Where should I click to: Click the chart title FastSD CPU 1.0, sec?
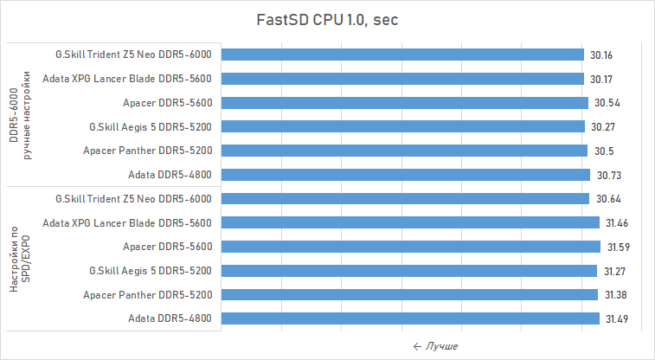coord(327,20)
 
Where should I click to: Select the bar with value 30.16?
coord(402,55)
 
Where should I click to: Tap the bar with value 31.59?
coord(411,247)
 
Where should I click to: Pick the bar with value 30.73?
coord(406,175)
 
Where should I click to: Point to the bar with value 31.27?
coord(409,271)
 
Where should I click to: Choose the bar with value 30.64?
coord(405,199)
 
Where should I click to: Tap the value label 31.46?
coord(617,223)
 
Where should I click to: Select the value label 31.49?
coord(616,319)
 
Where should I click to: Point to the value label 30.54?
coord(608,103)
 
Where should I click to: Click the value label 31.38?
coord(615,295)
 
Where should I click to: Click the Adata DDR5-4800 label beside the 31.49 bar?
coord(170,318)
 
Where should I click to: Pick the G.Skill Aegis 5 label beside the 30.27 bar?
coord(151,126)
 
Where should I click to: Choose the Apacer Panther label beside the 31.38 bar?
coord(148,295)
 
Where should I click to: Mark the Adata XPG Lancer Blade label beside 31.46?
coord(127,222)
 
